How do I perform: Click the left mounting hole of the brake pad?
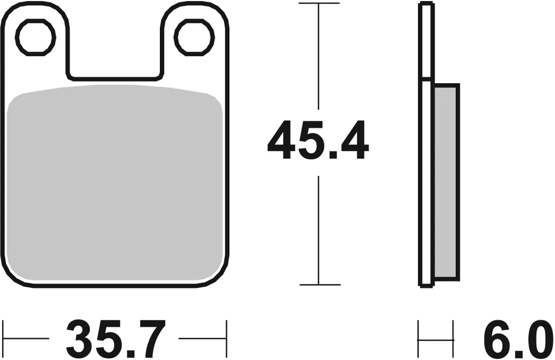[36, 37]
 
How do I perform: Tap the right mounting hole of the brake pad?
[193, 37]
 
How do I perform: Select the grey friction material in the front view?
[118, 183]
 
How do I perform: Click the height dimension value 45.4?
[318, 142]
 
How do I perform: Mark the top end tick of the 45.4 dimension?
[319, 3]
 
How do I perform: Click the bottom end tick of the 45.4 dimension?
[319, 285]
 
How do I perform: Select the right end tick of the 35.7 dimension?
[227, 337]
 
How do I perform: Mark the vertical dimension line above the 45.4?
[319, 55]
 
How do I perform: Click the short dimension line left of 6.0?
[436, 337]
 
